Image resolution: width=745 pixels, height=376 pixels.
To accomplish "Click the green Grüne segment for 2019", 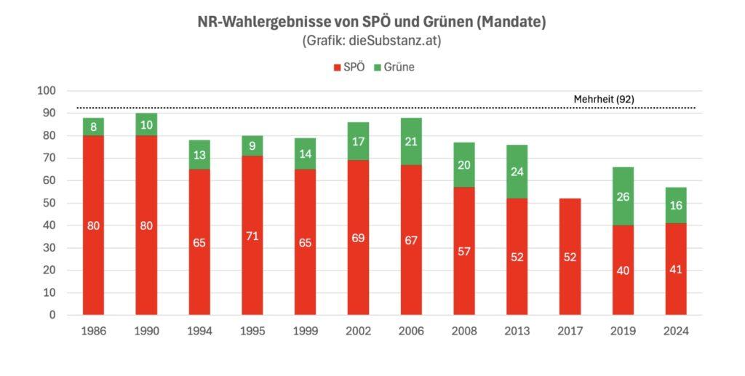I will (622, 196).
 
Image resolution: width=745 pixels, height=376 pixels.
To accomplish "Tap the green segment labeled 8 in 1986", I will (94, 127).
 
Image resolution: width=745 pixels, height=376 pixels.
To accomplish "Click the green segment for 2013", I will (517, 172).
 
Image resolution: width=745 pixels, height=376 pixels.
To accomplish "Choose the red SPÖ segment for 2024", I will (675, 269).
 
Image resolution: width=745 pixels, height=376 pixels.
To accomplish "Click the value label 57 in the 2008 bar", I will (463, 251).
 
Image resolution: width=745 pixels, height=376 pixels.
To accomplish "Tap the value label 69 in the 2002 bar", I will (358, 238).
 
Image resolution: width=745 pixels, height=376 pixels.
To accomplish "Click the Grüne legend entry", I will (393, 67).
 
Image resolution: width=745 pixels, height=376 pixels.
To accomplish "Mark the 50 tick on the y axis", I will (49, 203).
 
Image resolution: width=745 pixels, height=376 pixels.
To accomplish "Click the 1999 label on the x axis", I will (305, 331).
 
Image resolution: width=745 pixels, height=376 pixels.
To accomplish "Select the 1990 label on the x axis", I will (147, 331).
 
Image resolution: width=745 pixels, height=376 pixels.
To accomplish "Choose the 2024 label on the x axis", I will (675, 331).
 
